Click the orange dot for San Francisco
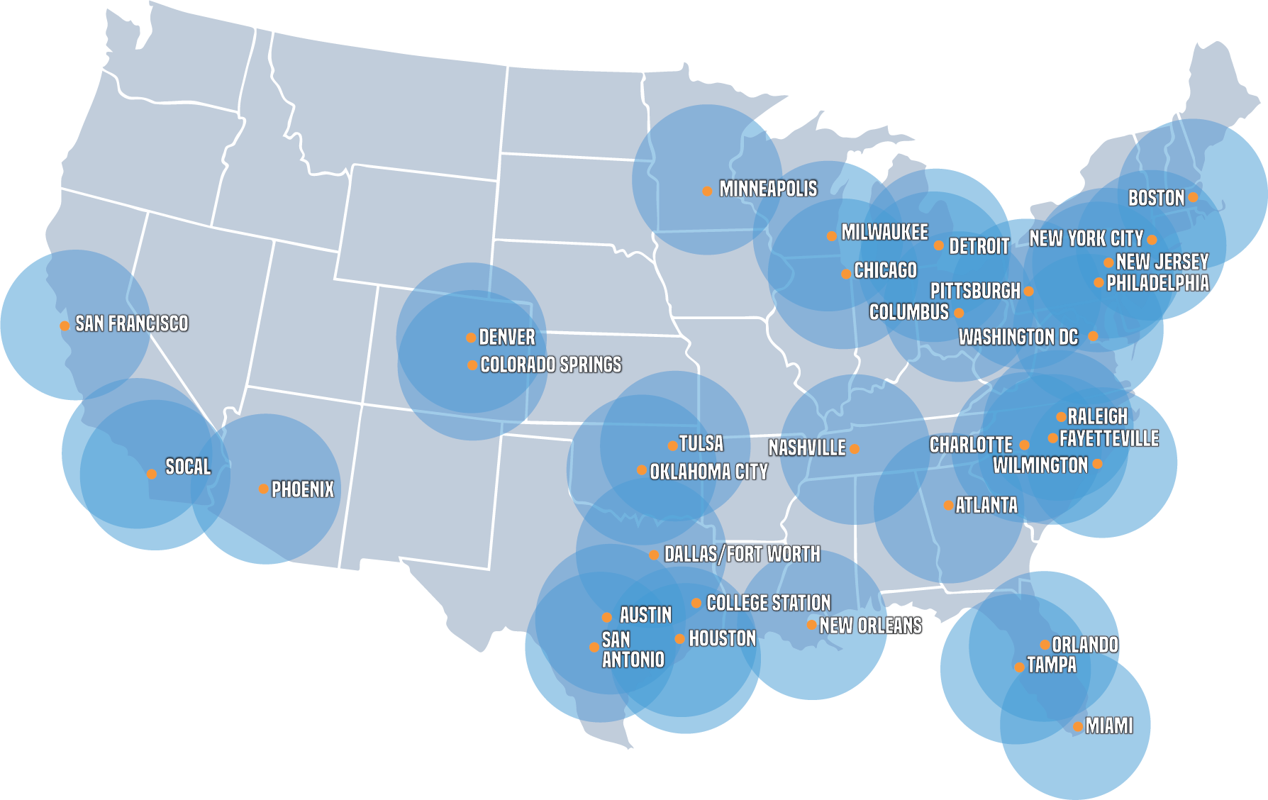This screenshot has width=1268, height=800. [x=65, y=326]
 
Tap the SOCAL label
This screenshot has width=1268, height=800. [x=188, y=467]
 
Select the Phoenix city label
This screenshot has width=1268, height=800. [x=303, y=489]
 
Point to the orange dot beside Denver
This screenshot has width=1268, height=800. [x=471, y=338]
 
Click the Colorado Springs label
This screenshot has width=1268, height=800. [x=551, y=365]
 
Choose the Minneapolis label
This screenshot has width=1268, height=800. [x=768, y=189]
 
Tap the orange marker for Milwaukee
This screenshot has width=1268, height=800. [x=832, y=235]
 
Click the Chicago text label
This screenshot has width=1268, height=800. [x=886, y=270]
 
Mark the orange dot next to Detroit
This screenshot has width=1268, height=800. [x=939, y=246]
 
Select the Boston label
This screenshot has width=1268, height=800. [x=1156, y=198]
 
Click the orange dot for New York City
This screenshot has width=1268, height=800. [x=1152, y=240]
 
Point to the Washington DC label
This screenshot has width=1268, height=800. [x=1018, y=337]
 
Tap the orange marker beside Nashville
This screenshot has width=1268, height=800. [x=855, y=449]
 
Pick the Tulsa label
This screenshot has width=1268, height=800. [x=701, y=444]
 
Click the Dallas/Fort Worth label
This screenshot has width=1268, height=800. [x=742, y=554]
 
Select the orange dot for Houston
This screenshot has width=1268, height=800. [x=679, y=639]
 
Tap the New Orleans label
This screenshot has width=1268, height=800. [x=871, y=626]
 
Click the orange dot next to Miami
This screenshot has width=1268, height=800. [x=1078, y=726]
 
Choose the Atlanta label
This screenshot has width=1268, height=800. [x=986, y=505]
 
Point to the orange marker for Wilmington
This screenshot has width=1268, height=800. [x=1098, y=464]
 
